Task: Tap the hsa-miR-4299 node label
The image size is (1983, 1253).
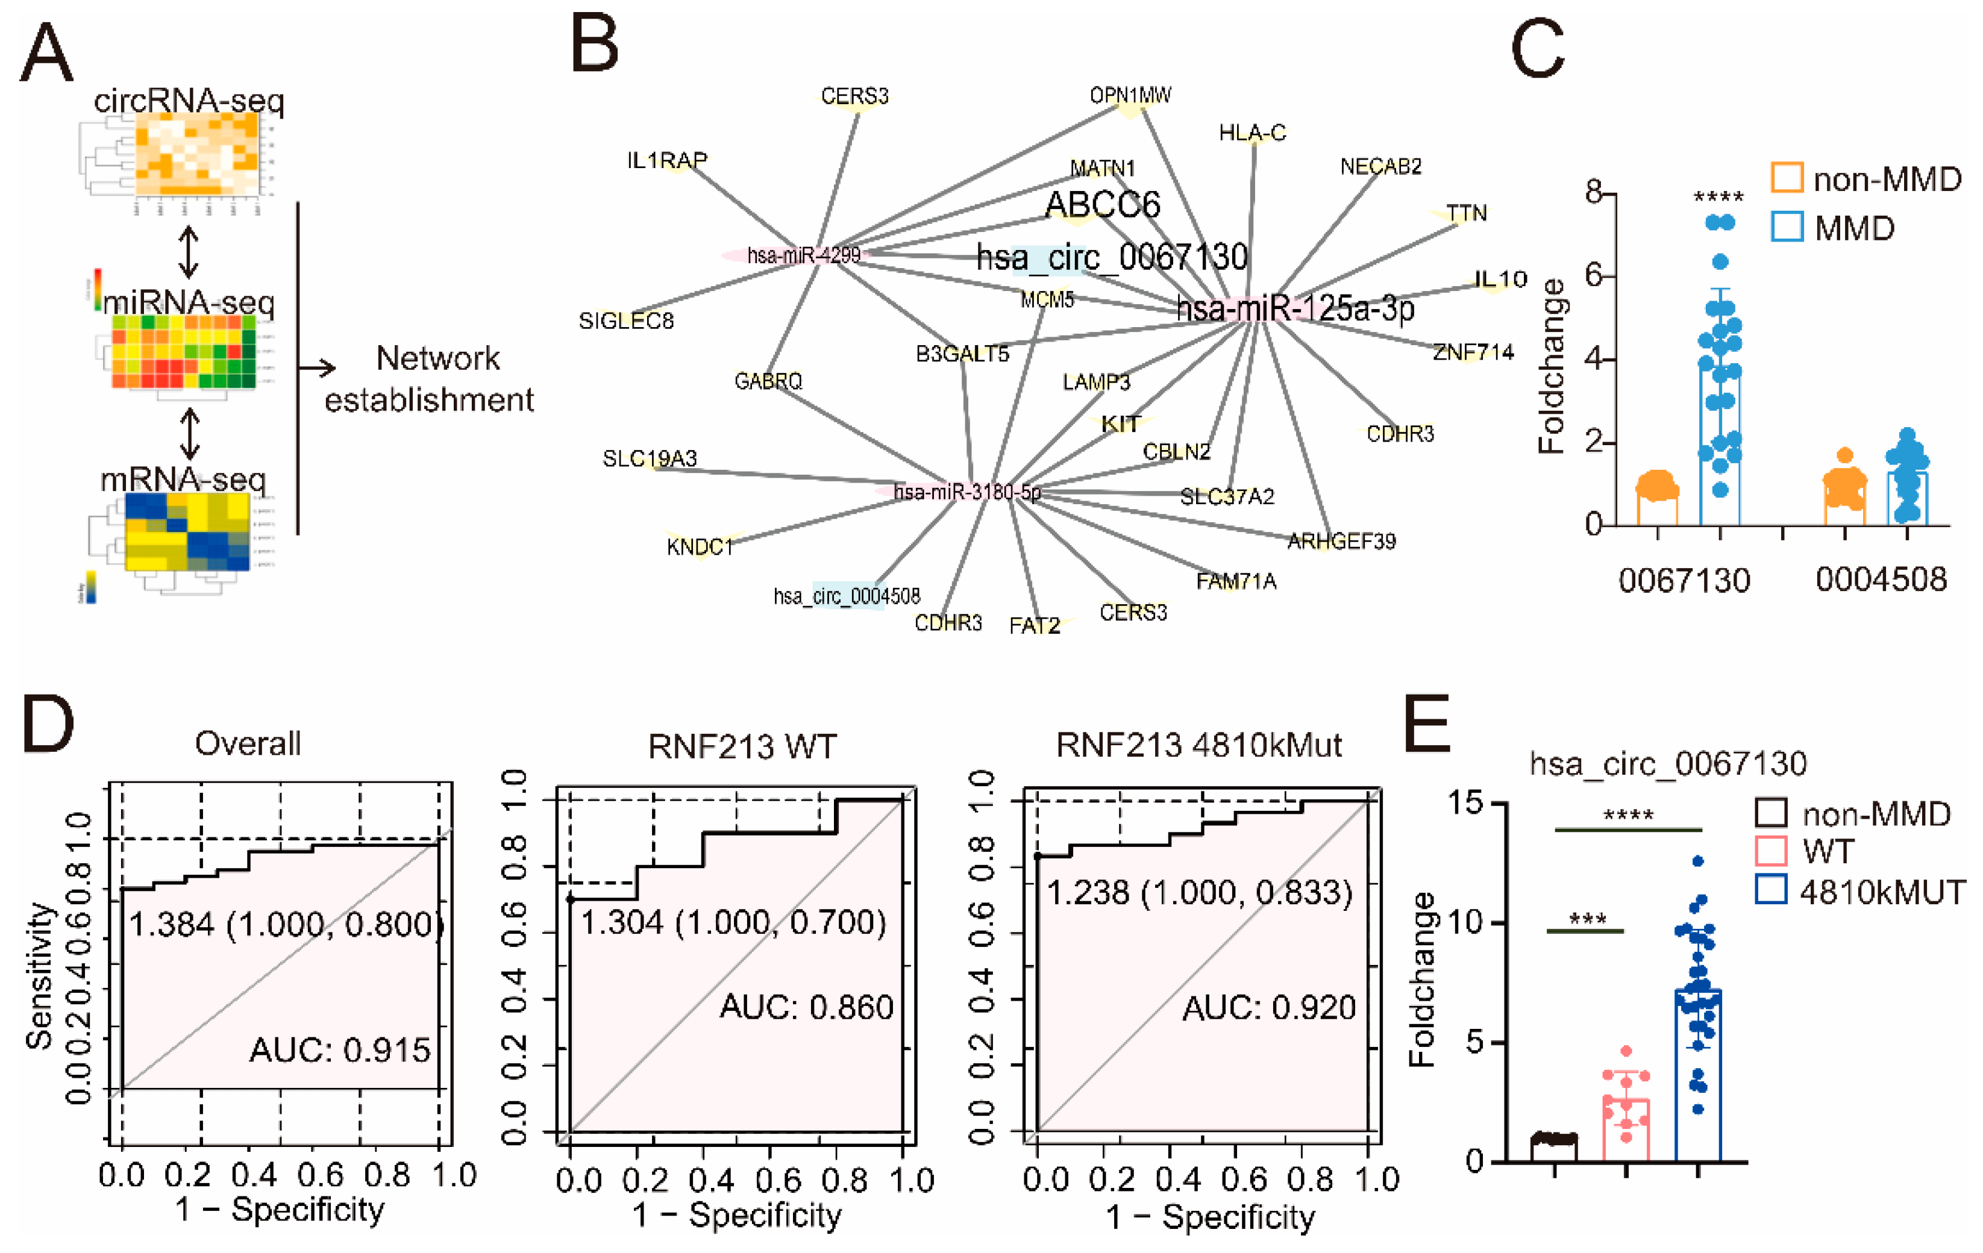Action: (x=803, y=255)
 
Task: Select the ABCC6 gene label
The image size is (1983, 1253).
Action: (x=1102, y=204)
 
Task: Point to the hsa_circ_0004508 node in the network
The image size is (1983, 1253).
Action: (x=847, y=595)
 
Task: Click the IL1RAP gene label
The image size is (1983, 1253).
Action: (x=667, y=160)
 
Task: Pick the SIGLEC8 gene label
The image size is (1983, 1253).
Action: (x=626, y=320)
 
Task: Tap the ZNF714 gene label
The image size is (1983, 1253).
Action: (x=1473, y=352)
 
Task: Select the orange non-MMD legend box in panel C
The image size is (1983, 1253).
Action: (x=1786, y=178)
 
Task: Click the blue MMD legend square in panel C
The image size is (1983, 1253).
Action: (x=1786, y=227)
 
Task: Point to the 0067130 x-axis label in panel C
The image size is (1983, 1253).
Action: (x=1684, y=580)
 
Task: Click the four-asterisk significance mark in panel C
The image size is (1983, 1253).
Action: (x=1718, y=198)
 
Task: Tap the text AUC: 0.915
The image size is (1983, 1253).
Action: (x=339, y=1049)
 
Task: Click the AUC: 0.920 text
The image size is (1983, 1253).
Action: (x=1269, y=1007)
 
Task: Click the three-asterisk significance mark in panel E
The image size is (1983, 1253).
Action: (x=1587, y=919)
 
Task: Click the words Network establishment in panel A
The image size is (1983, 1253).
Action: (x=430, y=379)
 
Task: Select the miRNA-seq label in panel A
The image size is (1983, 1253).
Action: (x=188, y=302)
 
